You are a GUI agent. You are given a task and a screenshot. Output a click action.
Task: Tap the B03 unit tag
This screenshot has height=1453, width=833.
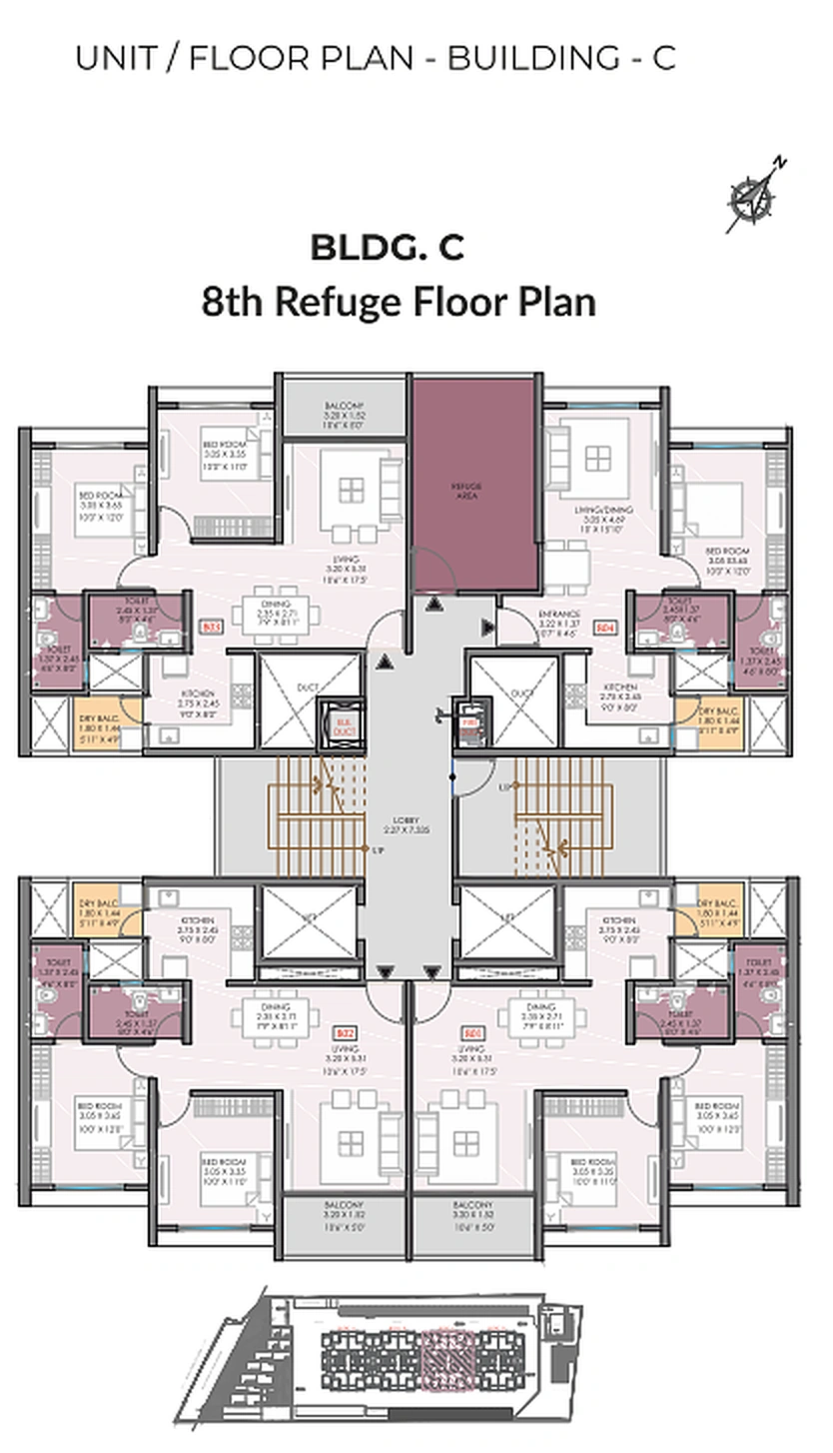point(211,628)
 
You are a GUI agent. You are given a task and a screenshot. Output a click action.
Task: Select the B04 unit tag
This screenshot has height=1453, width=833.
point(604,628)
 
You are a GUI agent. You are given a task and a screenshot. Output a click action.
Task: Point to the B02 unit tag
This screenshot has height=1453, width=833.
point(346,1032)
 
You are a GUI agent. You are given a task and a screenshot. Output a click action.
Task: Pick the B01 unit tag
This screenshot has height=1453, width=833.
point(471,1032)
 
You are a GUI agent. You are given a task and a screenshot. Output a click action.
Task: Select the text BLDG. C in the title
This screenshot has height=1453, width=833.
point(387,247)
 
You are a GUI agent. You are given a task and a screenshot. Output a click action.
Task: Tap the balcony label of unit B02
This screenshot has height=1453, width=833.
point(344,1211)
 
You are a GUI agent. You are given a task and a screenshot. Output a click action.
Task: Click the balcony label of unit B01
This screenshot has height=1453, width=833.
point(472,1211)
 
